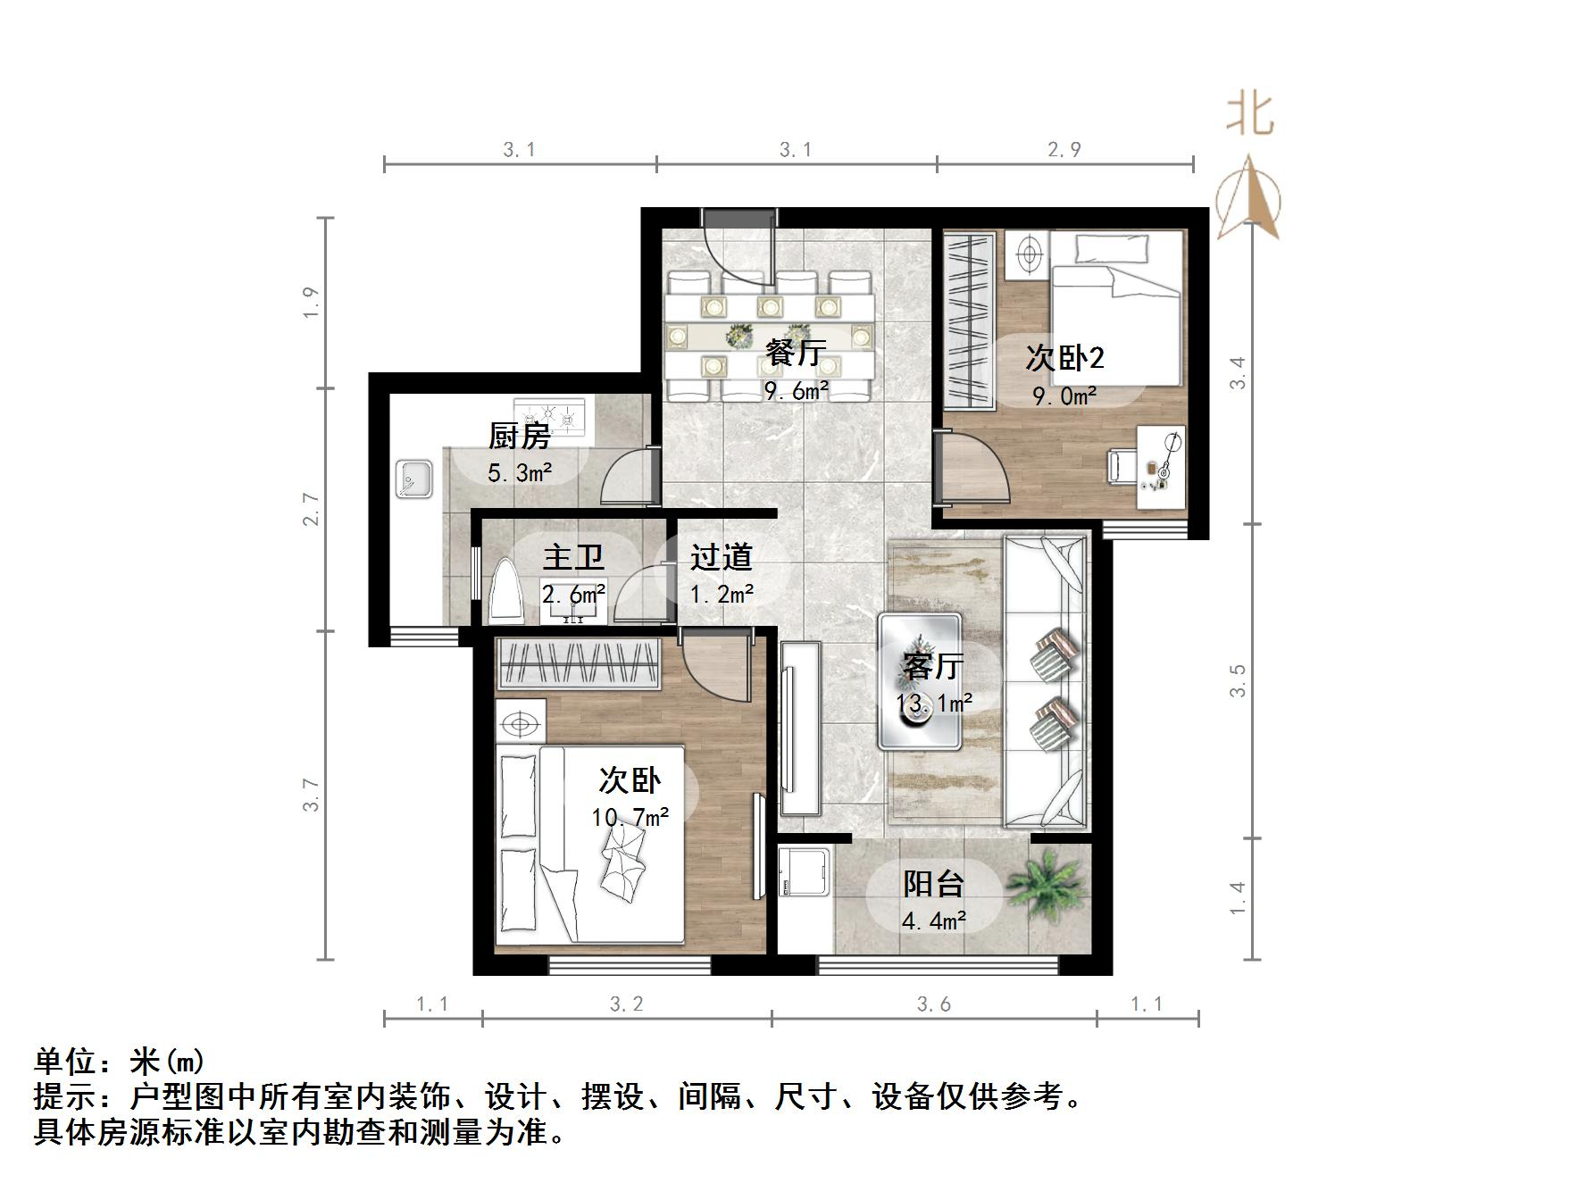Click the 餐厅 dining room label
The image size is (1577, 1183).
[795, 352]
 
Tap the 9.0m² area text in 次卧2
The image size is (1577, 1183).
[1064, 396]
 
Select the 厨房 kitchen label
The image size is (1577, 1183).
[519, 436]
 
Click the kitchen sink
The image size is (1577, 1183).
[413, 479]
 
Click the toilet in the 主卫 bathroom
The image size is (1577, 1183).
[505, 592]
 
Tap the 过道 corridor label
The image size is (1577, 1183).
[721, 557]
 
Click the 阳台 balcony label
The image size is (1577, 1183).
[933, 884]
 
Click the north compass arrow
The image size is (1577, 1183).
[1250, 196]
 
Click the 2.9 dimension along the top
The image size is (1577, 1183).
[1064, 149]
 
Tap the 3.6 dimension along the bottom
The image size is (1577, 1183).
[933, 1004]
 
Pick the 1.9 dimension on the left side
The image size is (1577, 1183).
[310, 303]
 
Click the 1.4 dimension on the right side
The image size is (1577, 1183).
[1237, 897]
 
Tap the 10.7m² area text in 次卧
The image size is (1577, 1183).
[630, 817]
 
